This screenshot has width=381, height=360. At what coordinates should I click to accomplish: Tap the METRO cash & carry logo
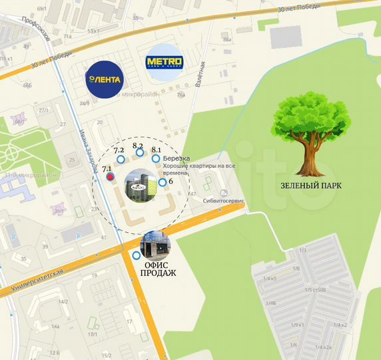163,63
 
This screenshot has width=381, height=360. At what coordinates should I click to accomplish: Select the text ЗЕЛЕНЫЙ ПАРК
310,186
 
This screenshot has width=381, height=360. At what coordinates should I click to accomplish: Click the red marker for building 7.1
110,177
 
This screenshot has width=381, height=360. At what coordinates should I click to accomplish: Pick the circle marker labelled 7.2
121,159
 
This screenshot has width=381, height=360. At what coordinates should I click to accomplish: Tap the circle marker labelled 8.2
140,153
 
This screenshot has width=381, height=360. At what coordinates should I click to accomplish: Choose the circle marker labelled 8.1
156,159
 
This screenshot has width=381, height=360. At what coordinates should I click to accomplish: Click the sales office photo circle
155,245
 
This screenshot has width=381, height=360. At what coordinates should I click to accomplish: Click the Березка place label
177,159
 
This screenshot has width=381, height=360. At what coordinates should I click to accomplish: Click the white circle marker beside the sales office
137,255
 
